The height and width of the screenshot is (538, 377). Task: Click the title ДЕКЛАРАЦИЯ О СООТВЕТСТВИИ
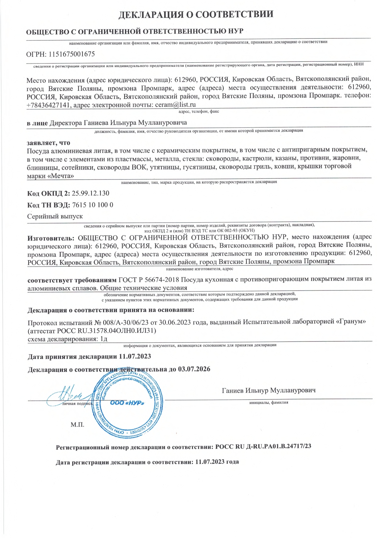coord(196,14)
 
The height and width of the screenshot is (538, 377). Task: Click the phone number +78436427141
coord(48,105)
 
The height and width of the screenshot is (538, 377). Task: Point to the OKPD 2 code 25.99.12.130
coord(90,193)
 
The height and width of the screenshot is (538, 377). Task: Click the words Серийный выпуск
coord(55,216)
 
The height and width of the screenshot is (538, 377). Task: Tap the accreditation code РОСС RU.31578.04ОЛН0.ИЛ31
coord(106,330)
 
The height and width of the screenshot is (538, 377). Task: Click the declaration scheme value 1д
coord(104,339)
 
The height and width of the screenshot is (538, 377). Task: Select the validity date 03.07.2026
coord(194,369)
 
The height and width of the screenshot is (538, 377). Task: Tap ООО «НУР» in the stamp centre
coord(127,403)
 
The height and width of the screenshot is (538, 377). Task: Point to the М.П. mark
coord(77,425)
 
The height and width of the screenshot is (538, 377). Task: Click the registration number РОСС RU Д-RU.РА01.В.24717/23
coord(263,446)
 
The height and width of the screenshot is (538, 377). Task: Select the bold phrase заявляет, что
coord(48,143)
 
